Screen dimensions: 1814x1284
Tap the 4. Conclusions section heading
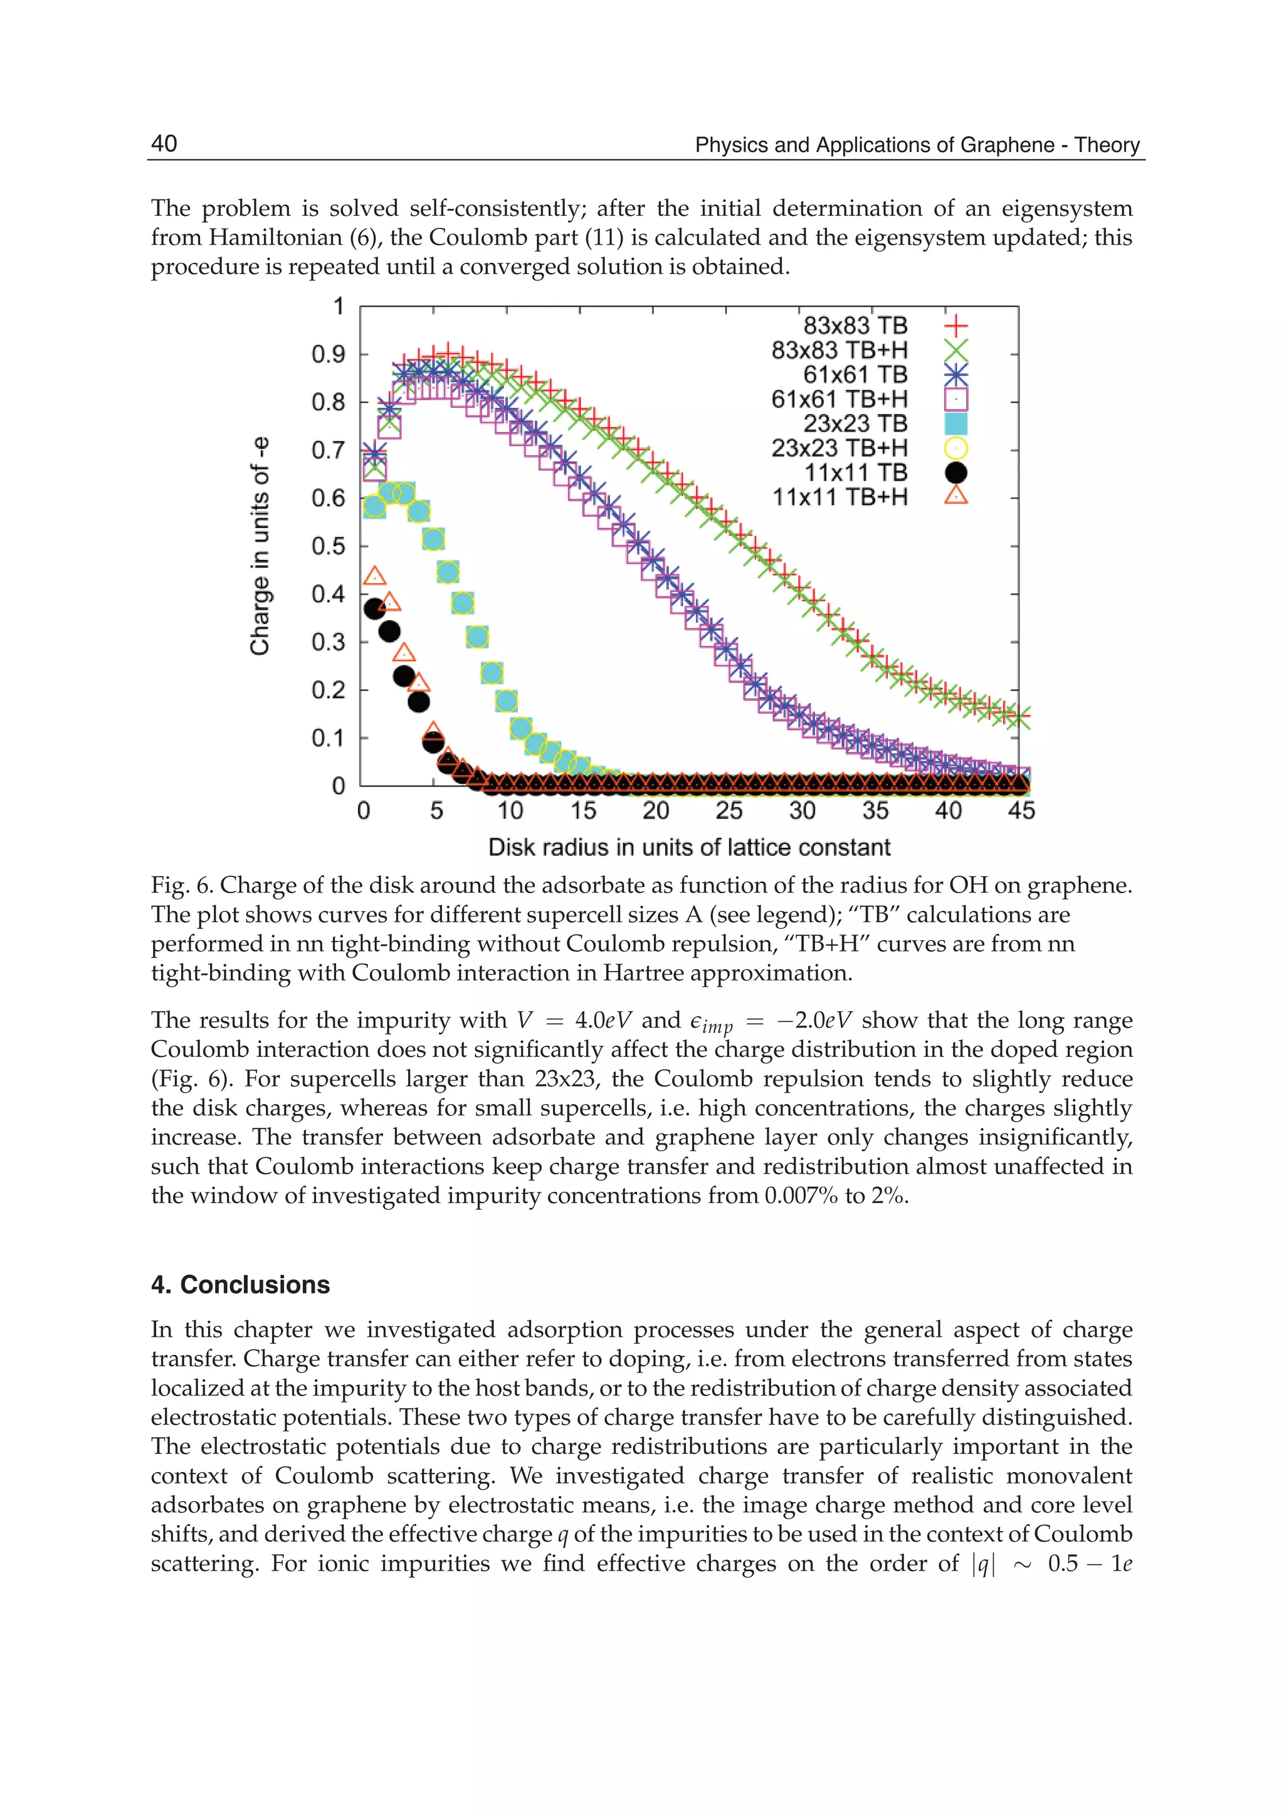[x=240, y=1285]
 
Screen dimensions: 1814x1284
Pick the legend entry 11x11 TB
[x=855, y=472]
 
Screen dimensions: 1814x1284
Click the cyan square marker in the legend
[x=956, y=424]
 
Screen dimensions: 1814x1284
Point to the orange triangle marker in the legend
[x=956, y=496]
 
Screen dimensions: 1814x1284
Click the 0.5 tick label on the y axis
[x=328, y=546]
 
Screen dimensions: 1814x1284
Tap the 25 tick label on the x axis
[x=728, y=810]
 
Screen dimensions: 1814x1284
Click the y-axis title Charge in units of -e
[x=260, y=545]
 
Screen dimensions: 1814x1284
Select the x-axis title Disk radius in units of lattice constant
[x=688, y=847]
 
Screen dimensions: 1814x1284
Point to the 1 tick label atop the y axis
[x=339, y=306]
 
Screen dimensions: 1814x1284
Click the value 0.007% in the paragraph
[x=801, y=1196]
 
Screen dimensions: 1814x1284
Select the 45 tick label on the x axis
[x=1021, y=810]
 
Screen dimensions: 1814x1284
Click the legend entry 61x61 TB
[x=855, y=374]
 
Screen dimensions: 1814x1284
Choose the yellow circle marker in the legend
[x=956, y=448]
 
